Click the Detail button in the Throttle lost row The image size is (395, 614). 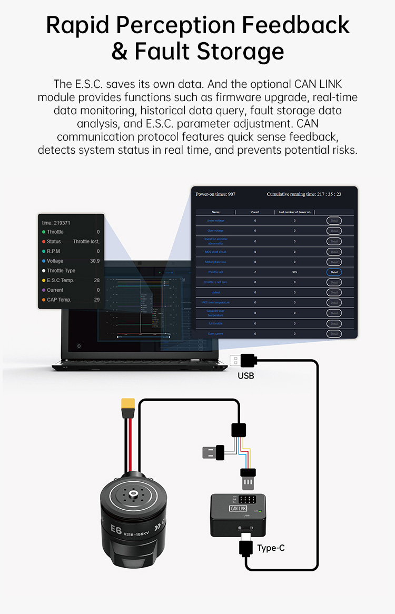[334, 272]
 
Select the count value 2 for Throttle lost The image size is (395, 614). [255, 272]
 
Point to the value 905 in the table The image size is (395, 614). [294, 272]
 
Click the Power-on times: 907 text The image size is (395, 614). [215, 194]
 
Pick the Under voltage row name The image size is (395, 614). [215, 221]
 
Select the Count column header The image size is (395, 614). [255, 212]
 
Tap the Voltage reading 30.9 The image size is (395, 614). [94, 261]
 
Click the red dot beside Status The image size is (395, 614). [44, 242]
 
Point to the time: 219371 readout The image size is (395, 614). [56, 223]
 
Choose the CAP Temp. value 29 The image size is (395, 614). [96, 300]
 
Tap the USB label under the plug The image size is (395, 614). [246, 376]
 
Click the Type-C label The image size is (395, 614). [271, 548]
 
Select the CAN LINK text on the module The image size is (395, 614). [238, 508]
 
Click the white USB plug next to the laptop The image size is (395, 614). [234, 361]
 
